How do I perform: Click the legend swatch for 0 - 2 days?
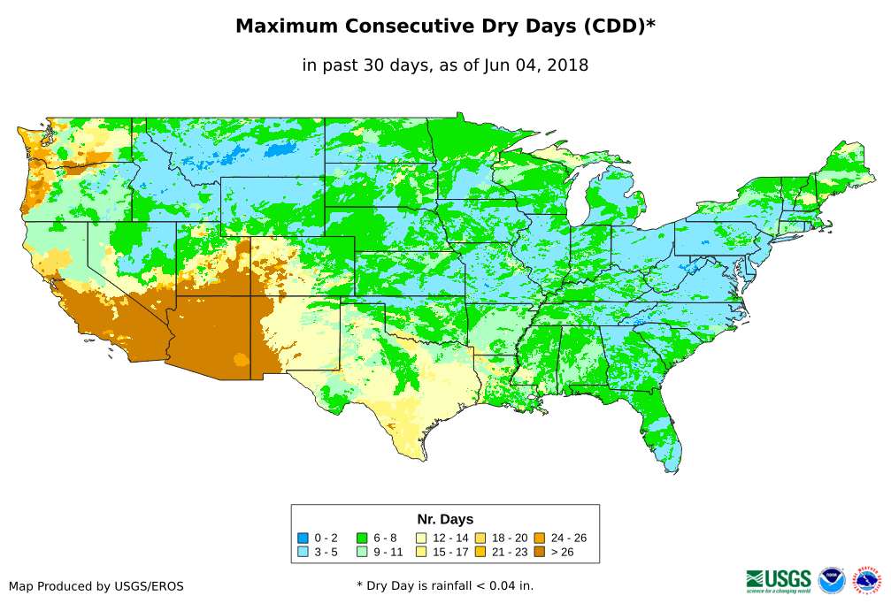click(303, 538)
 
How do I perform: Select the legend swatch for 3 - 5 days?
click(303, 552)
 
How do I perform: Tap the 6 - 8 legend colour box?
click(362, 538)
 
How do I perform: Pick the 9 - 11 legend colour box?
click(362, 552)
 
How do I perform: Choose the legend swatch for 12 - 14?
click(421, 538)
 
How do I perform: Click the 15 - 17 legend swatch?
click(421, 552)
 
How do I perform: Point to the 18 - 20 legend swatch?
click(480, 538)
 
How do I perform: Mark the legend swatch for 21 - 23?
click(480, 552)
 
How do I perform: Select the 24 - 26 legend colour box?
click(540, 538)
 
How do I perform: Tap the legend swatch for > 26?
click(540, 552)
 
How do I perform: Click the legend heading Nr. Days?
click(445, 519)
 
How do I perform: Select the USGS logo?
click(779, 580)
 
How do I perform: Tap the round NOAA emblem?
click(832, 580)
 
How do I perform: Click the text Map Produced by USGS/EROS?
click(96, 586)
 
